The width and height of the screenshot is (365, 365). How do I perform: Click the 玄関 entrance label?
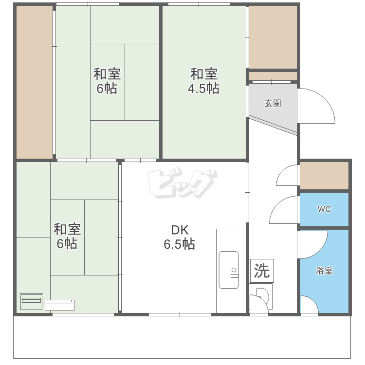[x=273, y=103]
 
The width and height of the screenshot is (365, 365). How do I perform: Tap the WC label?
[x=324, y=209]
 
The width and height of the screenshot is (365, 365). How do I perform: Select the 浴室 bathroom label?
[x=324, y=271]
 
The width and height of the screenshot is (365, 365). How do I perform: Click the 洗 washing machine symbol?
[x=262, y=271]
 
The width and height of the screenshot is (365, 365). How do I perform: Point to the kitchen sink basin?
[x=229, y=270]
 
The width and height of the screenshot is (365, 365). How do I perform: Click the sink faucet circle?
[x=234, y=270]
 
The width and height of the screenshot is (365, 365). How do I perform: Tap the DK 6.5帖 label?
[x=180, y=237]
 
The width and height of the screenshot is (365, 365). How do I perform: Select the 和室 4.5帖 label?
[x=204, y=81]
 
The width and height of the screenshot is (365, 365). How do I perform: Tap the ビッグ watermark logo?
[x=182, y=182]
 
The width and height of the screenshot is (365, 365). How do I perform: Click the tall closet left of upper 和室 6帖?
[x=35, y=82]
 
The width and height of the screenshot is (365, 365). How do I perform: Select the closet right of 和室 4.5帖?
[x=273, y=37]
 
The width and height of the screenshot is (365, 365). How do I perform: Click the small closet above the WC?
[x=324, y=176]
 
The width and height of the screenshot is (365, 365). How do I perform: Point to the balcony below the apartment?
[x=182, y=337]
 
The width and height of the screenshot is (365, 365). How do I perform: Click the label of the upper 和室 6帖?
[x=107, y=81]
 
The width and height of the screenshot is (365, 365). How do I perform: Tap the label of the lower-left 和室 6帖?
[x=67, y=236]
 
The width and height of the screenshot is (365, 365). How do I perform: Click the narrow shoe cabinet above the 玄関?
[x=273, y=76]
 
